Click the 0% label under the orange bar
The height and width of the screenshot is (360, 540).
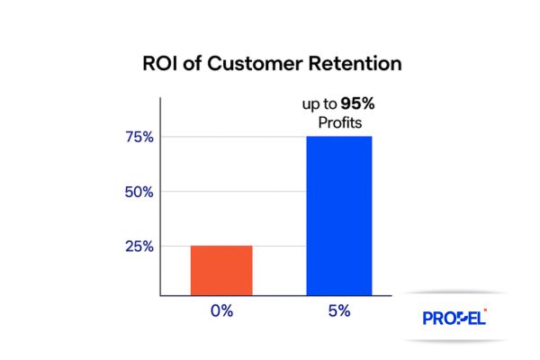pos(220,310)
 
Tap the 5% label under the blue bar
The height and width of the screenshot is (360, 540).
pos(339,310)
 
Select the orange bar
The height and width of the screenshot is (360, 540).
pos(220,270)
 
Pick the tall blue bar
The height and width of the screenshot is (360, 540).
pos(339,216)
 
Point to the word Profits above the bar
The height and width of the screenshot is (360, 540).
pos(339,121)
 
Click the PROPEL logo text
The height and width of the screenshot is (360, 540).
pos(453,319)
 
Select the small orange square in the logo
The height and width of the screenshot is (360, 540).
pos(485,310)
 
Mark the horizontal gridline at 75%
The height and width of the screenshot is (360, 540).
pos(234,137)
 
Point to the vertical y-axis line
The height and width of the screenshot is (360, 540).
pos(161,207)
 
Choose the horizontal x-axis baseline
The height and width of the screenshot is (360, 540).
pos(270,296)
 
